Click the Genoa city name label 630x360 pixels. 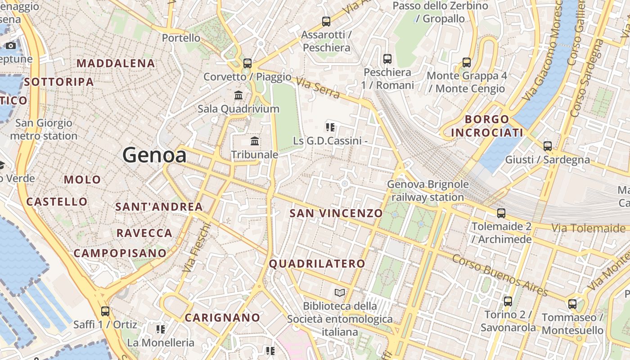(154, 155)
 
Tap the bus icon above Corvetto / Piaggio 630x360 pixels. (247, 63)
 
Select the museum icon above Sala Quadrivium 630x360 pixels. (238, 95)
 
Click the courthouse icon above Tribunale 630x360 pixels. (255, 141)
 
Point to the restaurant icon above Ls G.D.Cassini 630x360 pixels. (331, 127)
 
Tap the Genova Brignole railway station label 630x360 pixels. (427, 191)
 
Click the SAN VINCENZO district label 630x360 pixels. (336, 213)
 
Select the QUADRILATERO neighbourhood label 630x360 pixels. (317, 264)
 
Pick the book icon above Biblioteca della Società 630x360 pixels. (340, 293)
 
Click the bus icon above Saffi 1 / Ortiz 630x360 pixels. (105, 311)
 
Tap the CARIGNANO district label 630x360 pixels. (222, 318)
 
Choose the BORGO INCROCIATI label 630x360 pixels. (487, 126)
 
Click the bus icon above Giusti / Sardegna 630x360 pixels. (547, 146)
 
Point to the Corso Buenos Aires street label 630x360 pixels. (499, 275)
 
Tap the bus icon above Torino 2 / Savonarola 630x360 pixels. (508, 301)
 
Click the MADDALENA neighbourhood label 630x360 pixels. (116, 63)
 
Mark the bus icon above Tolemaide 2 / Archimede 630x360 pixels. (501, 213)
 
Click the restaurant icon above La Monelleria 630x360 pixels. (161, 329)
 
